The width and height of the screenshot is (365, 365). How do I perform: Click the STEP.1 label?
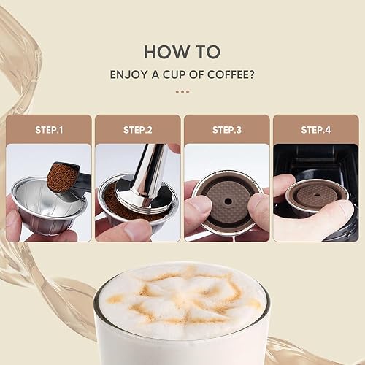[49, 130]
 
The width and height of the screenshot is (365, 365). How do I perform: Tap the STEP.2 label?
[138, 130]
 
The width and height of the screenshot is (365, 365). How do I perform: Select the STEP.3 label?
[227, 130]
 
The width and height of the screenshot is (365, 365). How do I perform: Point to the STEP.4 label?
[316, 130]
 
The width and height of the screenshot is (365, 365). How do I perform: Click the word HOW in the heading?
[166, 52]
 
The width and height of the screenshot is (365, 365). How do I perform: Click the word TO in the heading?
[209, 52]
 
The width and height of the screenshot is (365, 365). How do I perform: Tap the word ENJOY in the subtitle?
[128, 74]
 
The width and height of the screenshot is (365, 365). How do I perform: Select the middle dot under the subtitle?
[182, 92]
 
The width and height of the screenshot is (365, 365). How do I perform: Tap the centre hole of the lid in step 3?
[228, 201]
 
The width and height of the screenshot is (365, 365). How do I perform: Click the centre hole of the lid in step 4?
[317, 195]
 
